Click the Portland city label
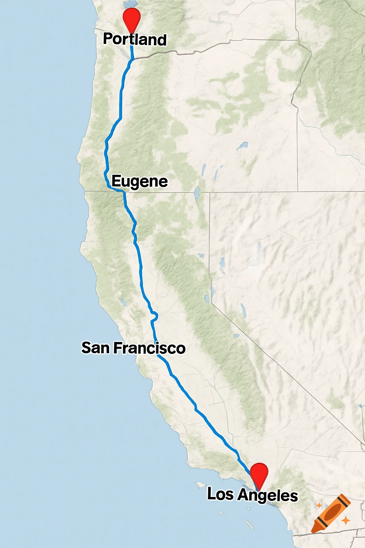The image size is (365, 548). coord(135,39)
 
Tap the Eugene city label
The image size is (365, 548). coord(139,181)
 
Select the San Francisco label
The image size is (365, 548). coord(133,348)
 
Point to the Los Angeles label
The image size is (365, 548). coord(252,495)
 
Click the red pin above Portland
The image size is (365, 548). coord(131,18)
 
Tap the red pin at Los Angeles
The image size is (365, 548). coord(259,473)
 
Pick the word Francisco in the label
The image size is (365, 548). coord(149,348)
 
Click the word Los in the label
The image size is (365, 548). coord(220,494)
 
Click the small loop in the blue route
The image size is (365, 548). coord(154,315)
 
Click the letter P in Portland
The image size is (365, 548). coord(108,39)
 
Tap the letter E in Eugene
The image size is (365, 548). coord(117,181)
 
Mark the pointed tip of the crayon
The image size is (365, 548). coord(313,531)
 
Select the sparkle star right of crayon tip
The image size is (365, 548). coord(345,521)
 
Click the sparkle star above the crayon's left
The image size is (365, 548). coord(319,506)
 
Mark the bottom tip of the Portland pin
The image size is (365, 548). coord(131,33)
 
